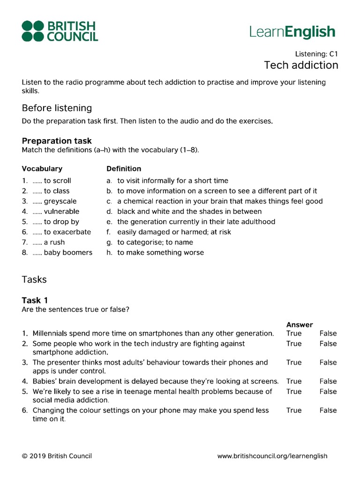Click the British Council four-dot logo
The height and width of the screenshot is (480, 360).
(33, 31)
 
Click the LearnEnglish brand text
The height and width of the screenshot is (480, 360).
(292, 32)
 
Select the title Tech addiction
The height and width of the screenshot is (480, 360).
(301, 65)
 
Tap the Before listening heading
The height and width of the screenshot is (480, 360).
(57, 108)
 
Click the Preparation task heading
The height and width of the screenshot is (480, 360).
(57, 141)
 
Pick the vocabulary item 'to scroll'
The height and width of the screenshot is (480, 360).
(57, 180)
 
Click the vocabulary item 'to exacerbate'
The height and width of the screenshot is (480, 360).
(67, 232)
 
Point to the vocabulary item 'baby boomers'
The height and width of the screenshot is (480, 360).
(68, 253)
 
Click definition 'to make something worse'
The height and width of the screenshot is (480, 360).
(160, 253)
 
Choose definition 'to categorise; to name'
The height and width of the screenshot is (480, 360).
(155, 242)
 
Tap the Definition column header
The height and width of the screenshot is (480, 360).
(124, 169)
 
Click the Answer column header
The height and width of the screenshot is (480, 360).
(300, 325)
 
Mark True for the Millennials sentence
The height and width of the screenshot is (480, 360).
(294, 334)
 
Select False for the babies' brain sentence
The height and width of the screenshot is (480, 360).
(328, 382)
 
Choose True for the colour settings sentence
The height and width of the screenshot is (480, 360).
(294, 411)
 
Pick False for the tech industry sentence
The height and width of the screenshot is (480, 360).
(328, 344)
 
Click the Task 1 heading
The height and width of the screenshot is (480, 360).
(35, 300)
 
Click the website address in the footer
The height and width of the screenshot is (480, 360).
(272, 456)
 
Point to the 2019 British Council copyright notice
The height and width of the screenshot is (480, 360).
(57, 456)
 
